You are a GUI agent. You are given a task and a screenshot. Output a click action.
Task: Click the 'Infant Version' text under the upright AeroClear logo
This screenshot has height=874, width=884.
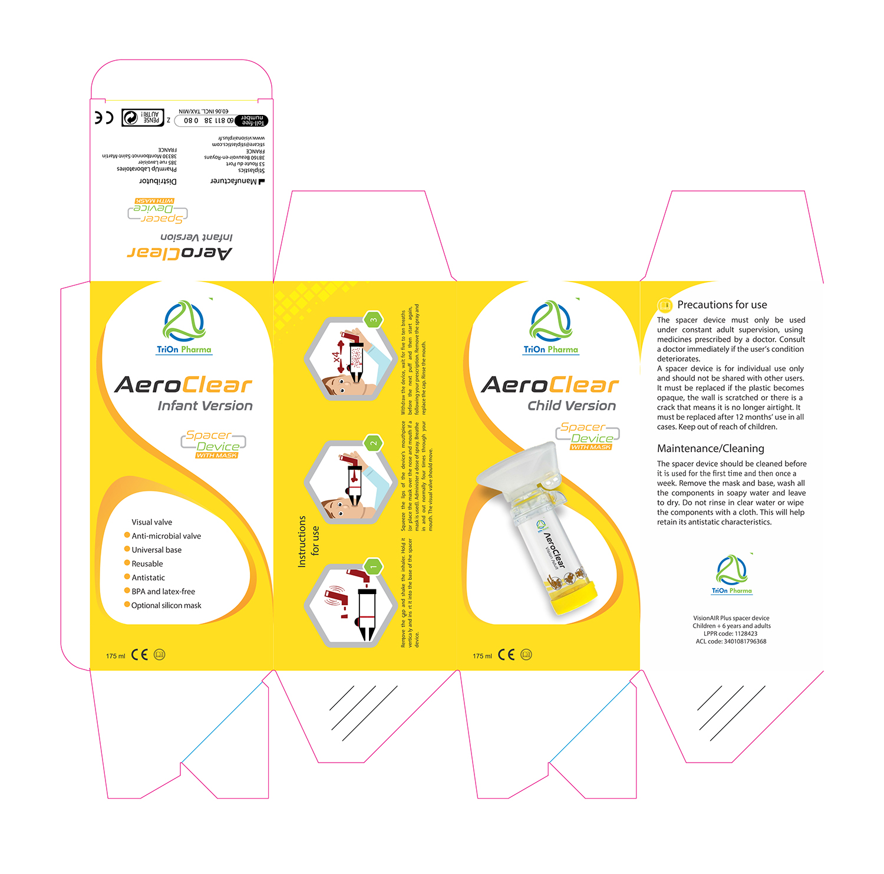(205, 406)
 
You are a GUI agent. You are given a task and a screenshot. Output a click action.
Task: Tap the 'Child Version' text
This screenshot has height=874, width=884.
(572, 406)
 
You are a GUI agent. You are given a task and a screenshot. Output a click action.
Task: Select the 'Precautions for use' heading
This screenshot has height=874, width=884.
(722, 305)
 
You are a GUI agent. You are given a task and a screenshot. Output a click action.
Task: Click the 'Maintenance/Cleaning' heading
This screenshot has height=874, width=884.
(710, 448)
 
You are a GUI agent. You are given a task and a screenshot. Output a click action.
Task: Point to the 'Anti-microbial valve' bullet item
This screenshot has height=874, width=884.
(166, 536)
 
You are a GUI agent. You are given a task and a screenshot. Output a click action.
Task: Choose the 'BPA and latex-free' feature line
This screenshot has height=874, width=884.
(163, 592)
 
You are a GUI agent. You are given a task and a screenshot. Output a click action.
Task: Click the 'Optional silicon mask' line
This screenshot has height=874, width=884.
(166, 606)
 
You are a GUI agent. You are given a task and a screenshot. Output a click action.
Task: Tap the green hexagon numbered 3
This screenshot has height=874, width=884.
(373, 321)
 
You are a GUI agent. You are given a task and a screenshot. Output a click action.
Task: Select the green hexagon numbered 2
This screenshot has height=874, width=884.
(373, 443)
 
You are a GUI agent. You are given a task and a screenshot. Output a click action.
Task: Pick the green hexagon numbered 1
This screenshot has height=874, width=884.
(373, 567)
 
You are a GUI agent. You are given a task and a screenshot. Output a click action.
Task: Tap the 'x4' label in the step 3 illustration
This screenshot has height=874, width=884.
(336, 357)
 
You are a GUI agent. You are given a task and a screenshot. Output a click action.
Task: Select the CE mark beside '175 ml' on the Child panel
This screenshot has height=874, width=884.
(506, 655)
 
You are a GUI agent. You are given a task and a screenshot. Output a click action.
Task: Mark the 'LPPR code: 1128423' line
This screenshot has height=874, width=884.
(731, 634)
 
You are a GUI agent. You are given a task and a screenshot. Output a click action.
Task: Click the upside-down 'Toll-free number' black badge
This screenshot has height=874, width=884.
(252, 121)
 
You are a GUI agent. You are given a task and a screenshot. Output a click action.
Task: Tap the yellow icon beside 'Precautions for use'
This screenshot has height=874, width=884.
(665, 305)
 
